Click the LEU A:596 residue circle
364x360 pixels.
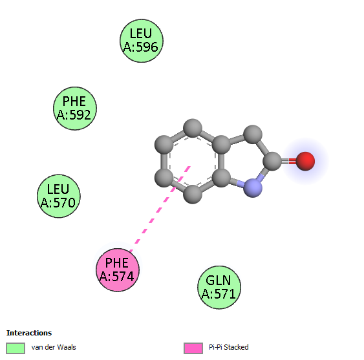pyautogui.click(x=142, y=41)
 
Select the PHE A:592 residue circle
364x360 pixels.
pyautogui.click(x=75, y=109)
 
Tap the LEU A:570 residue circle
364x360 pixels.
pyautogui.click(x=59, y=196)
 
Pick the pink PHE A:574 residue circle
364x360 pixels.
pyautogui.click(x=118, y=270)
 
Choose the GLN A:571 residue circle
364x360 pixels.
pyautogui.click(x=219, y=288)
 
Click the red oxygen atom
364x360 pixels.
pyautogui.click(x=305, y=162)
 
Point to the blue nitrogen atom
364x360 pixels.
pyautogui.click(x=253, y=188)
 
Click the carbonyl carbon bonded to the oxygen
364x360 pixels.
pyautogui.click(x=273, y=161)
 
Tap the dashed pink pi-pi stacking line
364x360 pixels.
pyautogui.click(x=160, y=209)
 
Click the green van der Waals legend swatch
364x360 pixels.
pyautogui.click(x=16, y=348)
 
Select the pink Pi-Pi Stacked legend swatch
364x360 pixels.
pyautogui.click(x=193, y=348)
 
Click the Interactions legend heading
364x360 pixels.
pyautogui.click(x=29, y=333)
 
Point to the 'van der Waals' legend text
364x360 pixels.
pyautogui.click(x=54, y=347)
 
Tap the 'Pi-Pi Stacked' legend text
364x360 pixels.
pyautogui.click(x=229, y=347)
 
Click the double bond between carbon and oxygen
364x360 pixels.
pyautogui.click(x=289, y=161)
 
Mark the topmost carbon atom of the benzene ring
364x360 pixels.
pyautogui.click(x=193, y=128)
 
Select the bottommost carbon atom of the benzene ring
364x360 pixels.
pyautogui.click(x=193, y=195)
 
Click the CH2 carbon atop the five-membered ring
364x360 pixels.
pyautogui.click(x=253, y=134)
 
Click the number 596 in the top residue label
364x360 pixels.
pyautogui.click(x=147, y=47)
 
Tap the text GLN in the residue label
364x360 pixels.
pyautogui.click(x=219, y=281)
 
